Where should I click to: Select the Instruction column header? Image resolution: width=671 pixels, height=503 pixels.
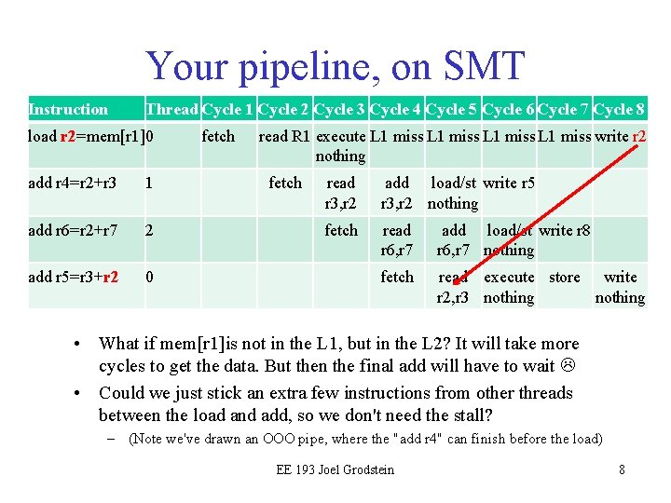click(68, 109)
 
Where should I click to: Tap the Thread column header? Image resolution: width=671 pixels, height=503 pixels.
click(171, 109)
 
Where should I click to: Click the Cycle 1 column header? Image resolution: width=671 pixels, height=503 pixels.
click(227, 109)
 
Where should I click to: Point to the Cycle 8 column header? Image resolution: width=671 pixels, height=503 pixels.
click(620, 109)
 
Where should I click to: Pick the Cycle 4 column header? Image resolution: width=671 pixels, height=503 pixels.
click(396, 109)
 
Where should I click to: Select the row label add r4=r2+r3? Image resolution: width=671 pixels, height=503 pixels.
click(72, 183)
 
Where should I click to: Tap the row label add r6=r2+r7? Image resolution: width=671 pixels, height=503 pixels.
click(72, 230)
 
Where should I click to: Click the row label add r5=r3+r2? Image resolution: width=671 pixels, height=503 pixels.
click(73, 277)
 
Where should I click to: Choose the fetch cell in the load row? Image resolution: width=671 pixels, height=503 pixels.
click(218, 136)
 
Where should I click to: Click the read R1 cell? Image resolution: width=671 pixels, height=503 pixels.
click(284, 136)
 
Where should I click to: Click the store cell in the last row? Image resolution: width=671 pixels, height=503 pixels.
click(564, 277)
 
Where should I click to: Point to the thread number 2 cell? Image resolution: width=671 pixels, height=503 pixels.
click(149, 230)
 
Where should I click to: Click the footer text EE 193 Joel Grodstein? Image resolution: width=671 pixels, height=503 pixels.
click(335, 469)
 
